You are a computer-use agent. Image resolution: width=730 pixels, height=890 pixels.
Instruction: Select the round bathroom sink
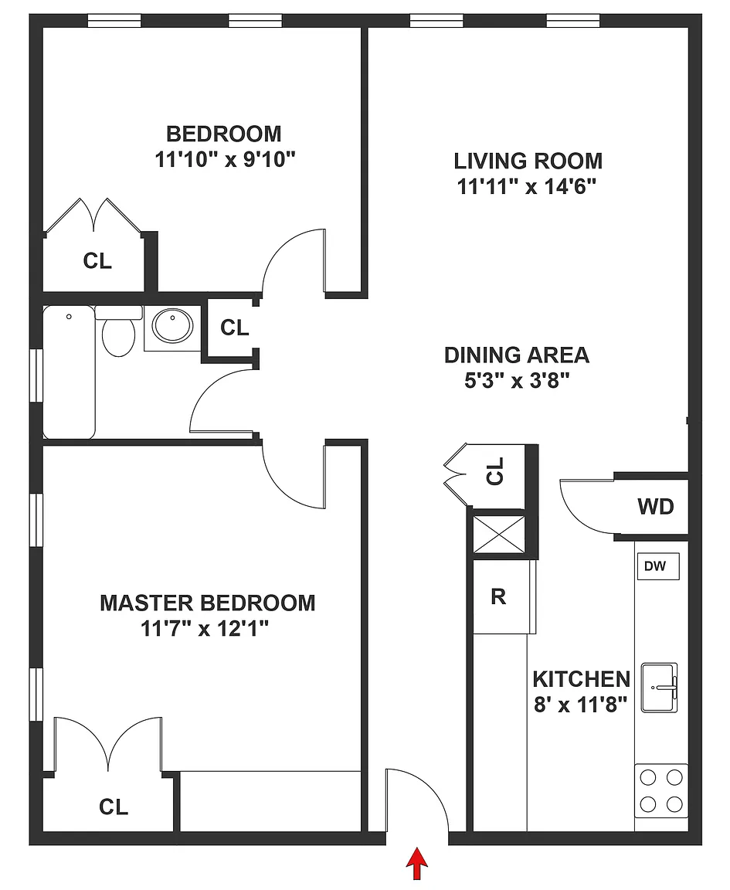point(172,326)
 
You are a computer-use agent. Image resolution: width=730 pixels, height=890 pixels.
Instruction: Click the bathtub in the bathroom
point(70,372)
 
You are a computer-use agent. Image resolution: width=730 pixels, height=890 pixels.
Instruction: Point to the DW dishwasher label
point(655,566)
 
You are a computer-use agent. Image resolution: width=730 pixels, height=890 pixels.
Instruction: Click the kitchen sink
point(660,688)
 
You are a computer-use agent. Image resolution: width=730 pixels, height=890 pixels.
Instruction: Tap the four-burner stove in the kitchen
point(661,790)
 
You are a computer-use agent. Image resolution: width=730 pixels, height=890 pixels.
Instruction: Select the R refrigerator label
point(497,596)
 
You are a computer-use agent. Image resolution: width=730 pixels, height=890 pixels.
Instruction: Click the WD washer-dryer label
point(656,506)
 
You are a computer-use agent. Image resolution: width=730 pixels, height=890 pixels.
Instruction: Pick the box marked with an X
point(499,534)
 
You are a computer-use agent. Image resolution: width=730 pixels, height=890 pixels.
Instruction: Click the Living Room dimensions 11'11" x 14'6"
point(527,186)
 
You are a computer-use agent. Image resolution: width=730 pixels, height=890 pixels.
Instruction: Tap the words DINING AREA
point(517,355)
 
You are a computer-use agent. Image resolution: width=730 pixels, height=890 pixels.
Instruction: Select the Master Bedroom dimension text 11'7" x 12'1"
point(205,628)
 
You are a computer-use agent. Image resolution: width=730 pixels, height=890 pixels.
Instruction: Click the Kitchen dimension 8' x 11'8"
point(581,705)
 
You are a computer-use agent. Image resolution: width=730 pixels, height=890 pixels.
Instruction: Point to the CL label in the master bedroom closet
point(114,807)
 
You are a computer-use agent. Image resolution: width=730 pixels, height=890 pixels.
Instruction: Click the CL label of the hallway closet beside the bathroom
point(234,328)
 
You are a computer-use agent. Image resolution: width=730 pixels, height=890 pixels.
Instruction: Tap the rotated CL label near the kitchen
point(495,471)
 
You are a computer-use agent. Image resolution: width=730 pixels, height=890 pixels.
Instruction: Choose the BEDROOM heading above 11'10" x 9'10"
point(224,134)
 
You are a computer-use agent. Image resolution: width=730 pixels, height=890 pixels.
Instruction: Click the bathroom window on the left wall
point(37,375)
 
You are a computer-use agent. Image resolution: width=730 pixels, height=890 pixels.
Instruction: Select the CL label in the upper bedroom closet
point(97,261)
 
